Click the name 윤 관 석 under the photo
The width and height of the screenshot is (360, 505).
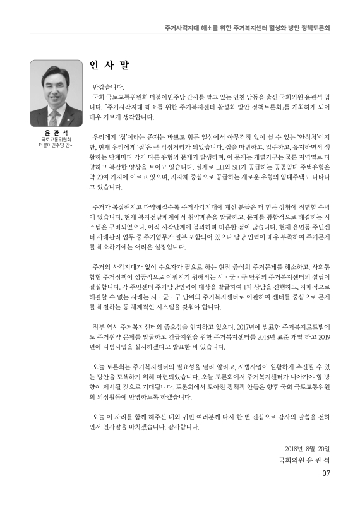[x=56, y=133]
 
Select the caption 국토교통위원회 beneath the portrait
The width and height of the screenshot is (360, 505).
[x=56, y=139]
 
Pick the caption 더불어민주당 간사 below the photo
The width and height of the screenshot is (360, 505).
[x=56, y=145]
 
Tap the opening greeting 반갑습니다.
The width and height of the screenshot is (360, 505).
[x=108, y=86]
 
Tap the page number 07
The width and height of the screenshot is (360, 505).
[x=326, y=474]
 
